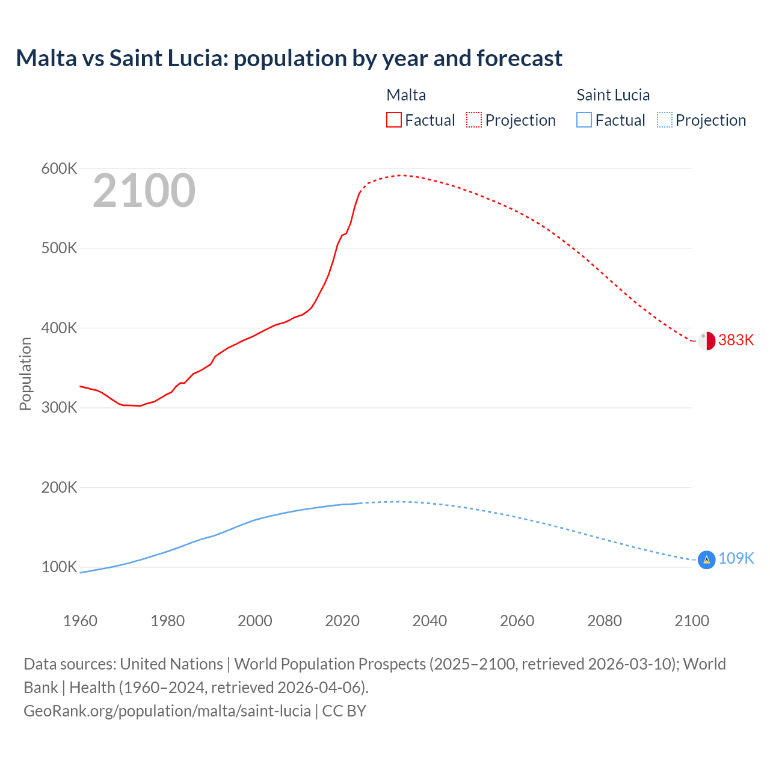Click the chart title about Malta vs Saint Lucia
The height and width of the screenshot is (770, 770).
tap(289, 58)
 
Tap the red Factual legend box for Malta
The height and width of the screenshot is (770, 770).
tap(393, 120)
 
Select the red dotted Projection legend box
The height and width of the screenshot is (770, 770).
tap(474, 120)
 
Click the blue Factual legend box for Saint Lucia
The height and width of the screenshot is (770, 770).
tap(584, 120)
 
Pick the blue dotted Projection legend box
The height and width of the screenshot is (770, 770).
tap(664, 120)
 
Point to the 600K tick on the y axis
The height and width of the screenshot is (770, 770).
tap(59, 169)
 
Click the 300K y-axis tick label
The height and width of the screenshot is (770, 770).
tap(59, 408)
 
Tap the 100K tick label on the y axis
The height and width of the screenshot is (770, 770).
tap(59, 567)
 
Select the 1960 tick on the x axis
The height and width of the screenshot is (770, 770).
tap(80, 621)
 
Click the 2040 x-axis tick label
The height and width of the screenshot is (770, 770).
tap(430, 621)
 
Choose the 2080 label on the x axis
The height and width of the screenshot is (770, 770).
tap(604, 621)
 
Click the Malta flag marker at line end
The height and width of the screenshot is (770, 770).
tap(706, 340)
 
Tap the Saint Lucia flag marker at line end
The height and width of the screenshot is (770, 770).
tap(706, 560)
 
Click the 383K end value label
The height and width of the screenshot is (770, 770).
tap(736, 340)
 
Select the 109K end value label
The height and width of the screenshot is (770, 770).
tap(736, 559)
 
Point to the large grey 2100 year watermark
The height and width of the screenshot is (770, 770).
tap(144, 191)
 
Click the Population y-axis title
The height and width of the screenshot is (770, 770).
tap(25, 374)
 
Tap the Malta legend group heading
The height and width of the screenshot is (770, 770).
tap(406, 95)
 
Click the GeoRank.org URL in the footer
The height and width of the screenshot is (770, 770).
tap(167, 711)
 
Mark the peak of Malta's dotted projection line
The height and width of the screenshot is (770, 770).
tap(402, 175)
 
